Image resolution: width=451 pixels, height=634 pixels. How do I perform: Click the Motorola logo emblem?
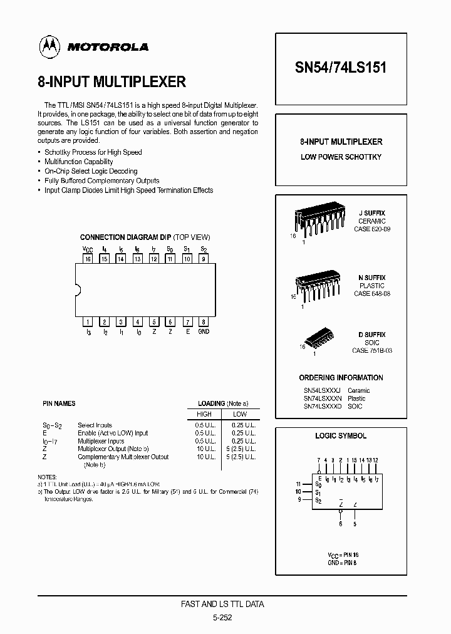pyautogui.click(x=47, y=46)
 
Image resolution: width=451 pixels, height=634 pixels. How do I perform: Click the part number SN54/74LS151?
pyautogui.click(x=340, y=68)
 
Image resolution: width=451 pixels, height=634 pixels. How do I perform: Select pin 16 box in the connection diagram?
pyautogui.click(x=88, y=259)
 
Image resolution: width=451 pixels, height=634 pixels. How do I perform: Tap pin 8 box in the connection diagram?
pyautogui.click(x=203, y=322)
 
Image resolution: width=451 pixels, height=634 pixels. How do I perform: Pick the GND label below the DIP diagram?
pyautogui.click(x=204, y=332)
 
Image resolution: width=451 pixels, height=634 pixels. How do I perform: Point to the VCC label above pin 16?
pyautogui.click(x=87, y=249)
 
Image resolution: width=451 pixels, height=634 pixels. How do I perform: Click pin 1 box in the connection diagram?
pyautogui.click(x=88, y=322)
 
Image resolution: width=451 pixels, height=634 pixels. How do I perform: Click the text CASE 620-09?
pyautogui.click(x=372, y=229)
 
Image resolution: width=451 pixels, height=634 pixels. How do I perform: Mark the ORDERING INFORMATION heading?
pyautogui.click(x=341, y=378)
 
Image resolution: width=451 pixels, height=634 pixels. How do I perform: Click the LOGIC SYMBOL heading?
pyautogui.click(x=341, y=436)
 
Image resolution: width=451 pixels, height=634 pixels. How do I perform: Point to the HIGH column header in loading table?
pyautogui.click(x=204, y=414)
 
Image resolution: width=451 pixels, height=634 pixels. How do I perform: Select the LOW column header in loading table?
pyautogui.click(x=240, y=414)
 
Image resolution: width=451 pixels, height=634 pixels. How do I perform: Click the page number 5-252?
pyautogui.click(x=222, y=616)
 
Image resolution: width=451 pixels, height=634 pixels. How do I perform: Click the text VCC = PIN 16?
pyautogui.click(x=343, y=555)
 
